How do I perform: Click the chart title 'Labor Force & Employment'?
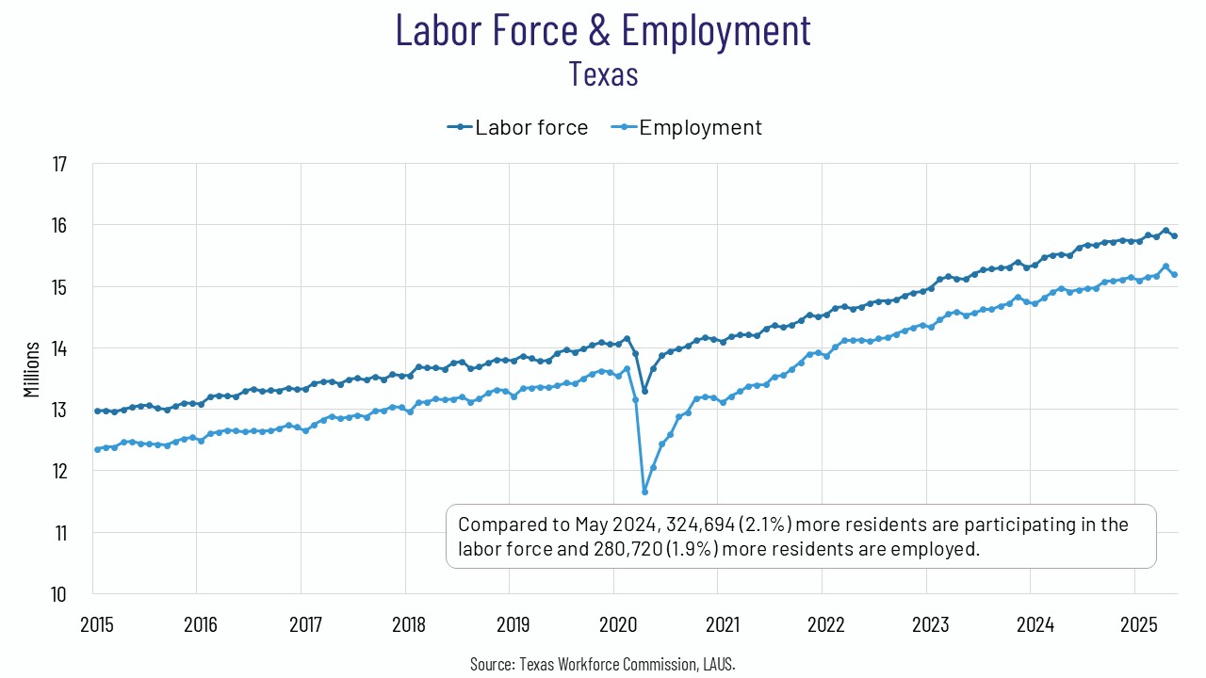coord(603,30)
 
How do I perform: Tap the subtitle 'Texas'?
coord(603,73)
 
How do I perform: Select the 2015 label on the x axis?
coord(97,623)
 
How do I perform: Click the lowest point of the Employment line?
coord(644,492)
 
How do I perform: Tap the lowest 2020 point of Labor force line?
coord(644,391)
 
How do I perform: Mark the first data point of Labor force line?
coord(97,411)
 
